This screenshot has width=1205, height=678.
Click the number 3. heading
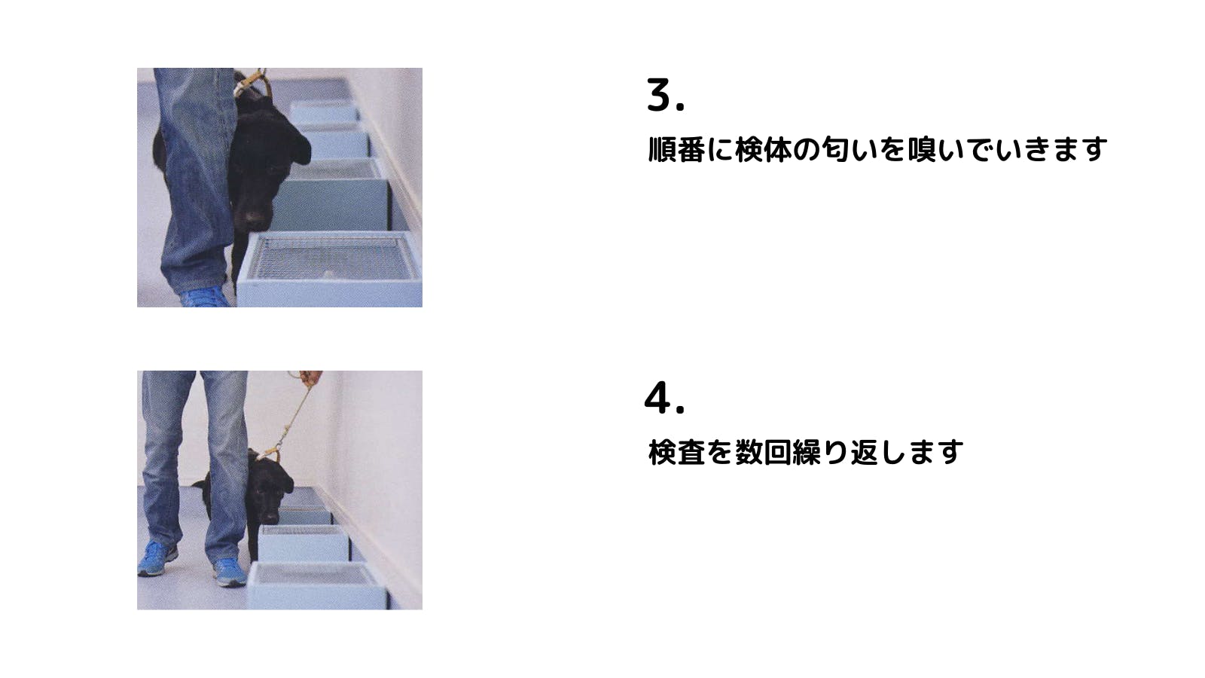666,95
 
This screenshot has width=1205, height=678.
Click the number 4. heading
664,398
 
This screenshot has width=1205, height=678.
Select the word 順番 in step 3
676,149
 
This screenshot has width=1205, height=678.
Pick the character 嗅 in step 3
922,149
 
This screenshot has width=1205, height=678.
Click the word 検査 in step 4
676,452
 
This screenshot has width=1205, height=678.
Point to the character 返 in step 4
865,452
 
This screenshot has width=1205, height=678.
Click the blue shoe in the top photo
203,298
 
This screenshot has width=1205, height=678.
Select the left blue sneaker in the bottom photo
157,558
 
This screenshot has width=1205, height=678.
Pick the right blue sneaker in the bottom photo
230,572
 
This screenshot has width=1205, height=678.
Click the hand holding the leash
310,377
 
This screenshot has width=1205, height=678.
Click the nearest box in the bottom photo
317,585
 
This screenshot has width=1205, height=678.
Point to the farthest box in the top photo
324,111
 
